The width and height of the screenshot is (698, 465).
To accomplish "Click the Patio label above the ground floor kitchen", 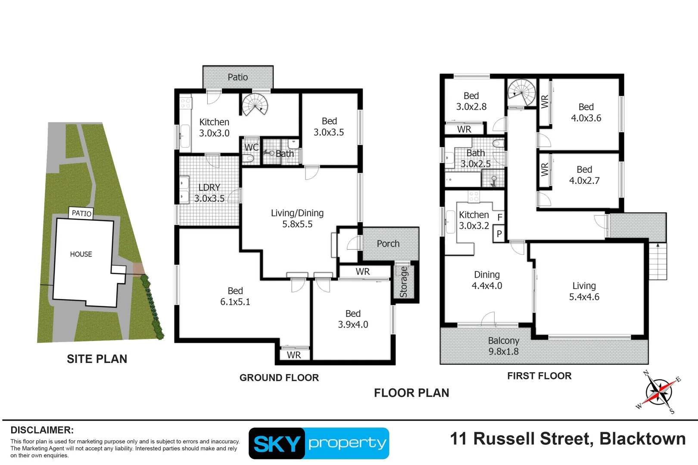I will tap(237, 77).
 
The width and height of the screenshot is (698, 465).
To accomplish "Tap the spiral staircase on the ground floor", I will tap(255, 105).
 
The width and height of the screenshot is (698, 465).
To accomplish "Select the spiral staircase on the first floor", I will tap(521, 92).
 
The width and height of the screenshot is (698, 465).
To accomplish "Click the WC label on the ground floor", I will tap(251, 147).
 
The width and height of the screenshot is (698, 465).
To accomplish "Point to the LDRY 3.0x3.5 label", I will tap(209, 193).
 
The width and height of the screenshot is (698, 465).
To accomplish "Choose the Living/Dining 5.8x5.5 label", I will tap(297, 218).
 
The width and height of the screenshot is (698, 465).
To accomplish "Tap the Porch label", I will tap(388, 244).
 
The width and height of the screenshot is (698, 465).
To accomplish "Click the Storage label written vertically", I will tap(404, 282).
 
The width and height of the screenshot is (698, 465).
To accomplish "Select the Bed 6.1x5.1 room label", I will tap(235, 296).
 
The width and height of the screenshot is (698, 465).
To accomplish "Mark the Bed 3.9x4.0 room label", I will tap(353, 319).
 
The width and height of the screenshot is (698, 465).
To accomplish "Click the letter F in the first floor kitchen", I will tap(500, 217).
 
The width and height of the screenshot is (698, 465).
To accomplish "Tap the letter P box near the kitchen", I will tap(499, 234).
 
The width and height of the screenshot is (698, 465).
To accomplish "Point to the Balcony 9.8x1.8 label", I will tap(503, 346).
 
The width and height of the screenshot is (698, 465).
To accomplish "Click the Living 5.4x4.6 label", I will tap(584, 291).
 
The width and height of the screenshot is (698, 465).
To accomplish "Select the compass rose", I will tap(658, 392).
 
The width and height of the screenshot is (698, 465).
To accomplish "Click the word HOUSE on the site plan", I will tap(81, 254).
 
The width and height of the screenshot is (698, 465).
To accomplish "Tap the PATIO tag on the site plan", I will tap(81, 213).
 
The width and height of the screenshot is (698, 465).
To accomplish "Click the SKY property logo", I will tap(319, 443).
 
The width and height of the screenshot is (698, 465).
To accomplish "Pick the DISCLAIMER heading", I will tap(42, 430).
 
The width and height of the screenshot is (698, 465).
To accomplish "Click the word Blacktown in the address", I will tap(642, 439).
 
